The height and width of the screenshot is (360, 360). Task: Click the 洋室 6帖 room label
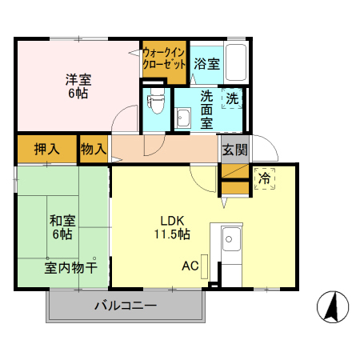tap(77, 86)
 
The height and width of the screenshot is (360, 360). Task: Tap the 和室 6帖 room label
tap(61, 227)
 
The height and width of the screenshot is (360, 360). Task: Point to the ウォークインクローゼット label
tap(164, 58)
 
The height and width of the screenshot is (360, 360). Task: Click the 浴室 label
tap(206, 63)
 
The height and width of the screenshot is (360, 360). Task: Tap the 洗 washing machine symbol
tap(232, 99)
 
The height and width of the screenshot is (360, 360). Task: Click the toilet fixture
tap(156, 101)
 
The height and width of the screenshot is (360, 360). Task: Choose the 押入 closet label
tap(47, 149)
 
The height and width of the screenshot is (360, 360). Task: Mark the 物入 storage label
tap(94, 149)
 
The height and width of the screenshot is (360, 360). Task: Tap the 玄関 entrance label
tap(234, 149)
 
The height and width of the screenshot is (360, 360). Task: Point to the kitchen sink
tap(231, 238)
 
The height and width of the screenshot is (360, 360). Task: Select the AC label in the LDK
tap(190, 266)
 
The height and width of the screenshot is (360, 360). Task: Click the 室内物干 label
tap(70, 268)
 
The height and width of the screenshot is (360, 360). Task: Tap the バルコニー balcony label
tap(126, 305)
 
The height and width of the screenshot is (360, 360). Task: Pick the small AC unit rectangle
tap(205, 265)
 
